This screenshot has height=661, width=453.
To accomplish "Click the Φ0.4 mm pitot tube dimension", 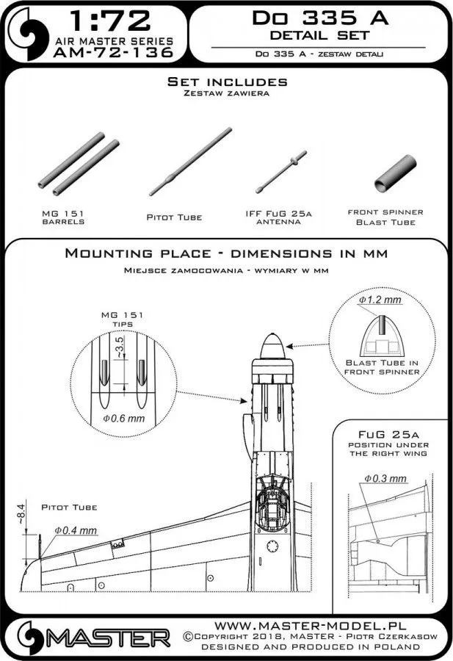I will click(x=76, y=530).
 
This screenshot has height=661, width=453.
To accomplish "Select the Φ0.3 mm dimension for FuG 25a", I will click(x=385, y=479).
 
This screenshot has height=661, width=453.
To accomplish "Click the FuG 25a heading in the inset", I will click(x=390, y=435).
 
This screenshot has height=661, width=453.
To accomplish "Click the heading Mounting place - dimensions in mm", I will click(x=227, y=253).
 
